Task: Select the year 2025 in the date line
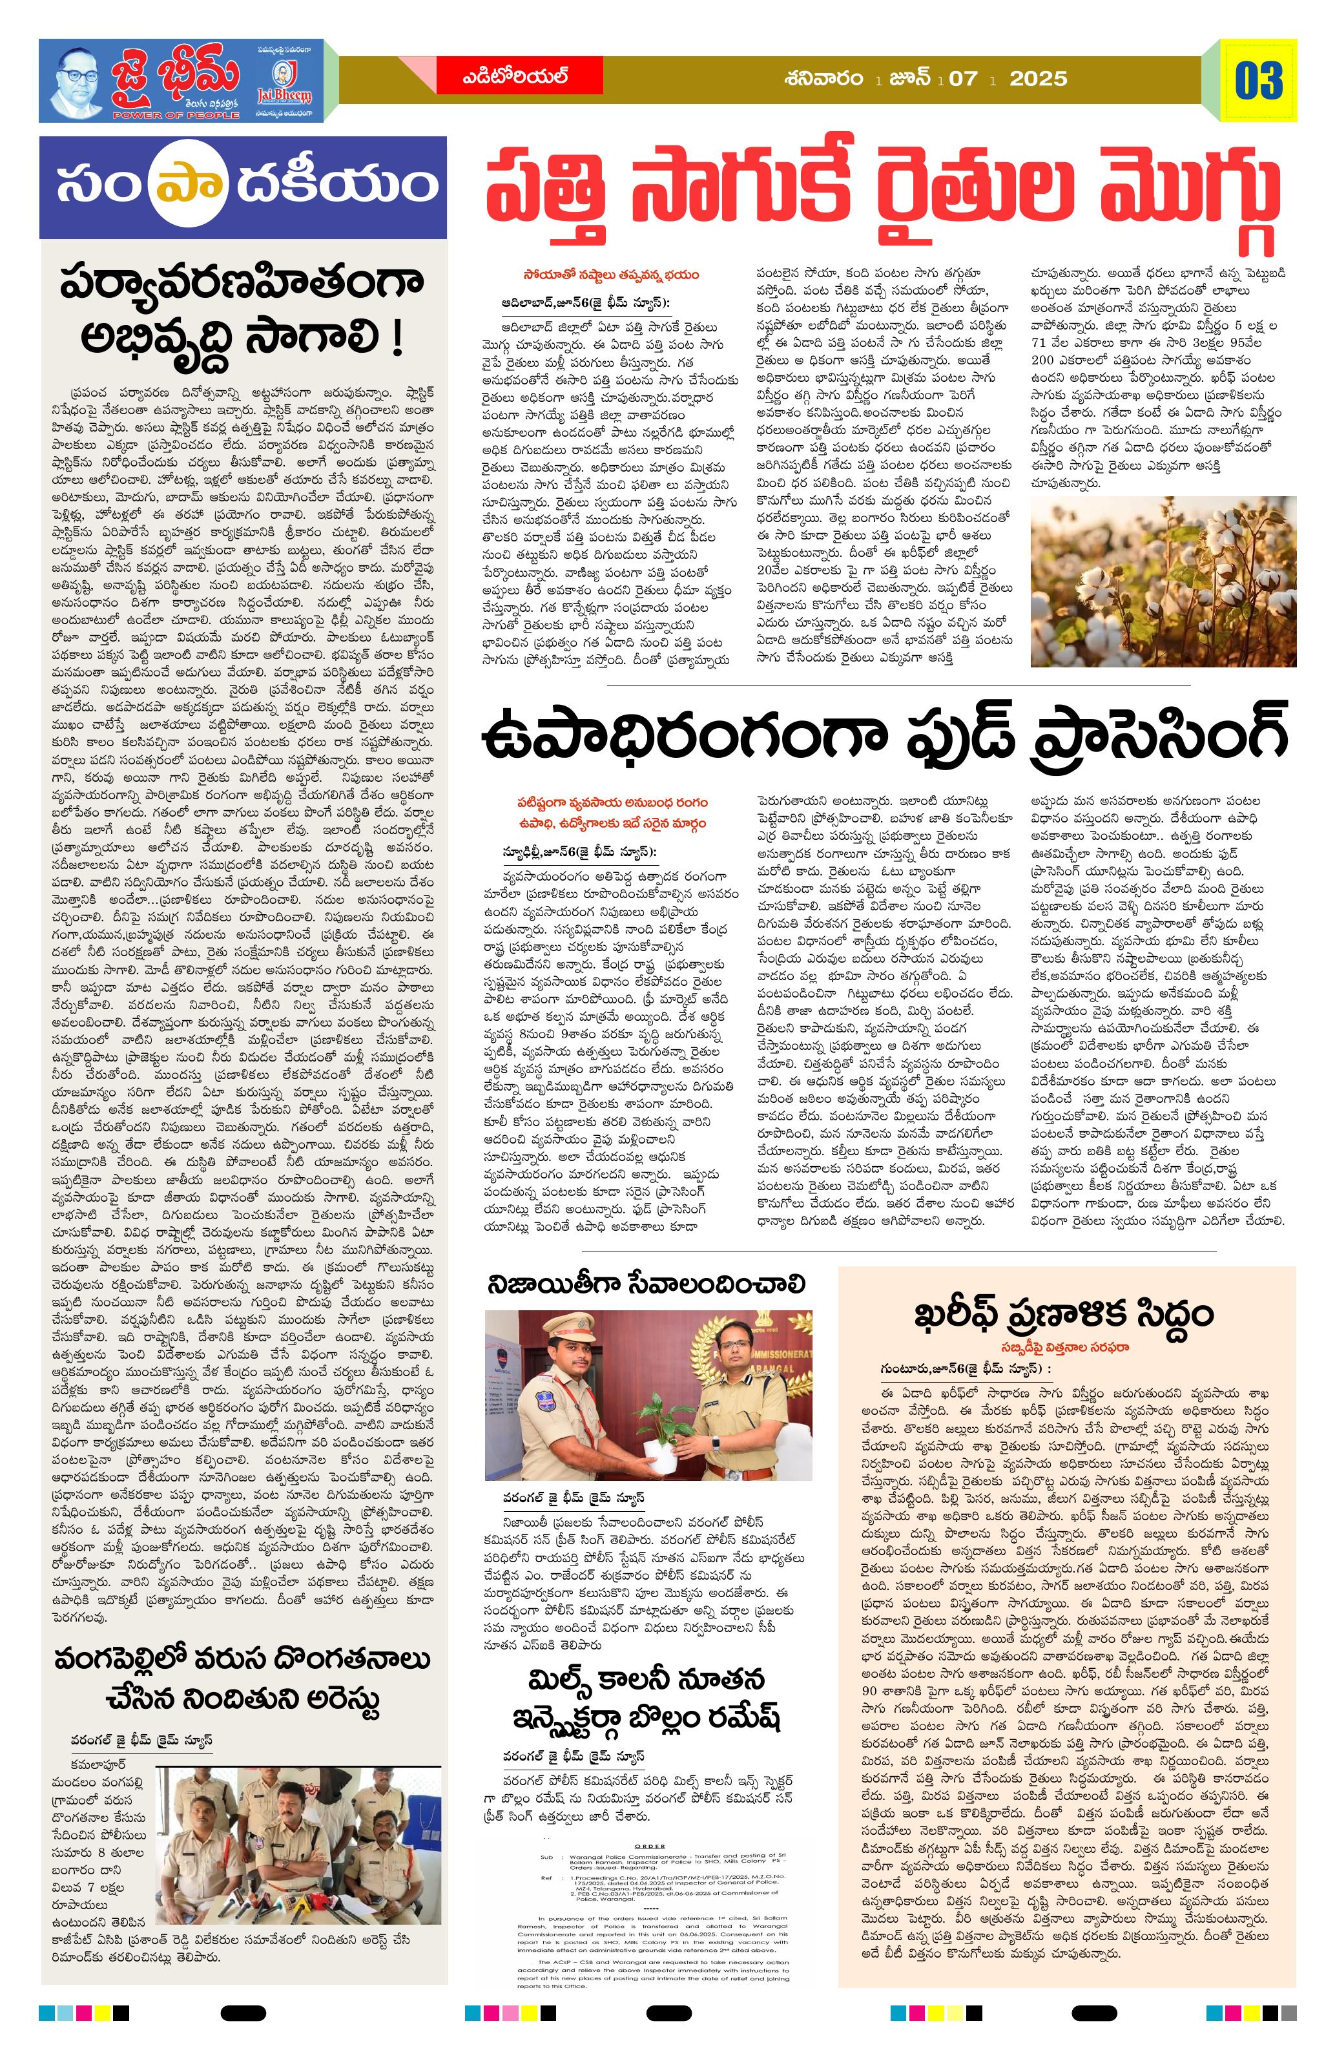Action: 1038,79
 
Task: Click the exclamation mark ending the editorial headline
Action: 397,339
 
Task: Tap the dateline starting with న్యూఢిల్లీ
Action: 582,852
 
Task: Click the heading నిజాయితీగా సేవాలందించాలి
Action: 646,1282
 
